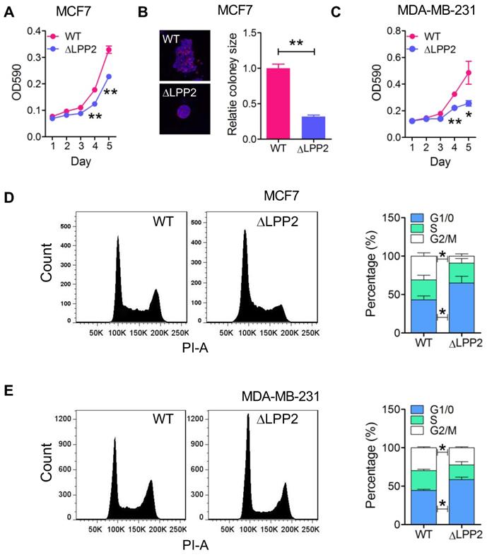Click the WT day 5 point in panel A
tap(109, 49)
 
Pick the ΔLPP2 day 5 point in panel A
tap(109, 76)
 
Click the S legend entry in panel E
tap(426, 421)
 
